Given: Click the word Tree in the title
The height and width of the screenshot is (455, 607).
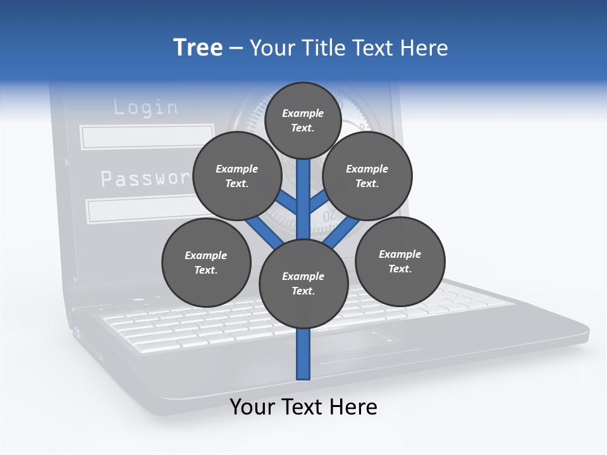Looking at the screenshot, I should point(198,48).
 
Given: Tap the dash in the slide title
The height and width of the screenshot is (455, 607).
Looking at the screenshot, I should point(236,49).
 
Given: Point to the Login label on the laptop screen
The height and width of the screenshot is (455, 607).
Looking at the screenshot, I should point(145,107).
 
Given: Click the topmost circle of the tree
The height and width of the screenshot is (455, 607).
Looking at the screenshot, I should point(303,120).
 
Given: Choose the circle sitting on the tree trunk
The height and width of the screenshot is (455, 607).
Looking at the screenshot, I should point(303,284).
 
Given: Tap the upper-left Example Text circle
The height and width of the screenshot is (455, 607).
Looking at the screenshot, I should point(236,176).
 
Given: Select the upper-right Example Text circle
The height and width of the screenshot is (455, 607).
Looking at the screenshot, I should point(367,176).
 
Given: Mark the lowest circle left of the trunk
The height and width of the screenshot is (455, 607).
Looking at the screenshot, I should point(206,263).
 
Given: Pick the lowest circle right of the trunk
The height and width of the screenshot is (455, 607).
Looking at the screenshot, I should point(400,260).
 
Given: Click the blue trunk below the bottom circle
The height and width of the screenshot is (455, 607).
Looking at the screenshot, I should point(303,354).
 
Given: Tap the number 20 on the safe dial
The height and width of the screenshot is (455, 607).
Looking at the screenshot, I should point(329,217).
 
